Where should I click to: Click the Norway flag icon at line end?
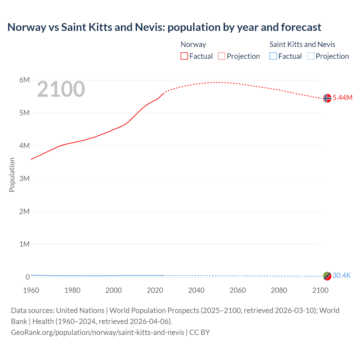[x=327, y=98]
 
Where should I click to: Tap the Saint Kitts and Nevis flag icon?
[x=327, y=276]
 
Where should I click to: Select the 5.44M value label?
[x=342, y=98]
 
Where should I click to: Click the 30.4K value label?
[x=342, y=276]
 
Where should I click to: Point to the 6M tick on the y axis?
[x=24, y=80]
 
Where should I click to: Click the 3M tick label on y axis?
[x=24, y=179]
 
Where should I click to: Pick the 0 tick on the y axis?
[x=28, y=277]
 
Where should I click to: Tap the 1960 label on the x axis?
[x=31, y=290]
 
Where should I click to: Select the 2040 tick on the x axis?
[x=196, y=290]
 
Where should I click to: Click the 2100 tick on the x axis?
[x=320, y=290]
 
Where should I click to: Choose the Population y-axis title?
[x=12, y=175]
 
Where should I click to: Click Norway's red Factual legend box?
[x=184, y=56]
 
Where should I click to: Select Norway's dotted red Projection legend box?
[x=222, y=56]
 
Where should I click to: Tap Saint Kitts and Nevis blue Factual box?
[x=273, y=56]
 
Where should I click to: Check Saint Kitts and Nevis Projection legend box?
[x=310, y=56]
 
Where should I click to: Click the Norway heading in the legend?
[x=193, y=44]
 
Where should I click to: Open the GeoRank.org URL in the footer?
[x=97, y=332]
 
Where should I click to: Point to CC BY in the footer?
[x=200, y=332]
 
